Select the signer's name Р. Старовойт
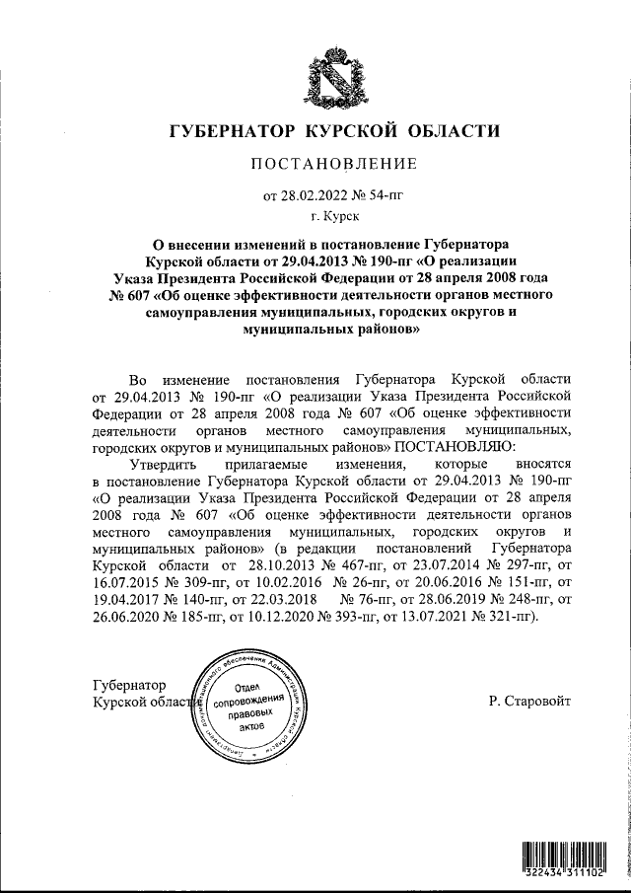(x=528, y=702)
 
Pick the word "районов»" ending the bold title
(x=375, y=333)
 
